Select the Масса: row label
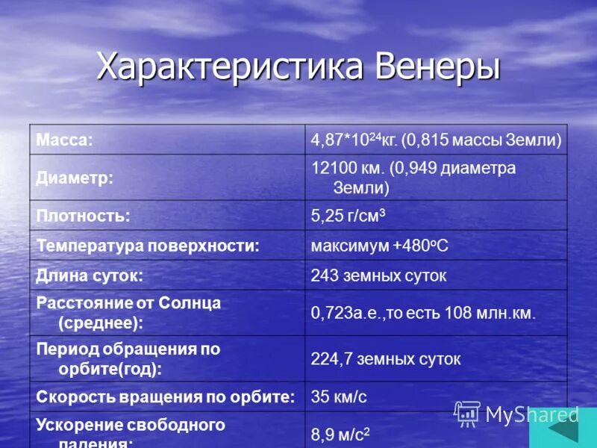pyautogui.click(x=65, y=140)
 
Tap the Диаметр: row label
pyautogui.click(x=75, y=178)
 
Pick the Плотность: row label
pyautogui.click(x=84, y=216)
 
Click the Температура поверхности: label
pyautogui.click(x=148, y=246)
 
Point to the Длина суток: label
pyautogui.click(x=90, y=276)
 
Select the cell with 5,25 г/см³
pyautogui.click(x=348, y=216)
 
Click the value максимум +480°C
pyautogui.click(x=380, y=246)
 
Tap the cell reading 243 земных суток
pyautogui.click(x=378, y=276)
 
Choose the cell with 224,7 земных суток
pyautogui.click(x=386, y=358)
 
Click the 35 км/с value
pyautogui.click(x=339, y=396)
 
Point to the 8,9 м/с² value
pyautogui.click(x=340, y=435)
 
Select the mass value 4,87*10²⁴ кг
pyautogui.click(x=354, y=140)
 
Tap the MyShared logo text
pyautogui.click(x=532, y=414)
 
